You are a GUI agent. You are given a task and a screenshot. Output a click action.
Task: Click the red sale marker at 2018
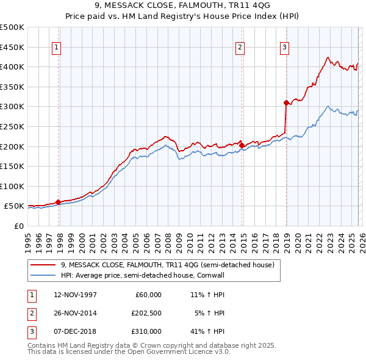pos(286,103)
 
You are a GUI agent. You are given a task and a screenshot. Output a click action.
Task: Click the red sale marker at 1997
pos(59,202)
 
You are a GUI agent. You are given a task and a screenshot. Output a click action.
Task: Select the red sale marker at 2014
pos(242,145)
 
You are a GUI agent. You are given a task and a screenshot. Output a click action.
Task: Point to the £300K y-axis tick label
pos(12,106)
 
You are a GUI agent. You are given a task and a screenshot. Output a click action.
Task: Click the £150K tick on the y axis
pos(12,166)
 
